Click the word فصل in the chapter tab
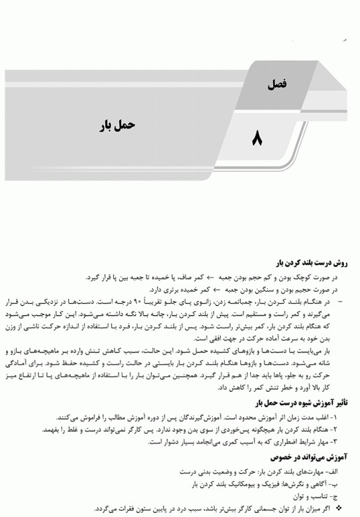pos(277,84)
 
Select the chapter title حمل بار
pos(123,125)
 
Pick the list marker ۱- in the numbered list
pos(347,417)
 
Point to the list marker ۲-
pos(347,429)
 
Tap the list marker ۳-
pos(347,441)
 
